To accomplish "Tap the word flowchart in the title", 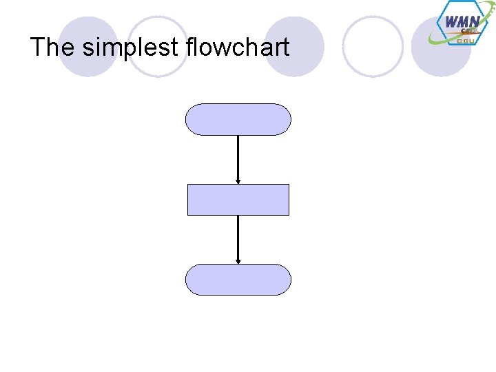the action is tap(238, 48).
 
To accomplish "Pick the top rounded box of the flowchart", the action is tap(238, 119).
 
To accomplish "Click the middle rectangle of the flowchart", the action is tap(238, 200).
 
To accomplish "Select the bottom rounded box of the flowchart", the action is tap(238, 280).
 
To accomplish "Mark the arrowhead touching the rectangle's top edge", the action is tap(238, 181).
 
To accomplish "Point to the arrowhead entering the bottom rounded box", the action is tap(238, 261).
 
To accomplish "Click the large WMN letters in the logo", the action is tap(462, 21).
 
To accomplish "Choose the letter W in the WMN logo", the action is tap(452, 21).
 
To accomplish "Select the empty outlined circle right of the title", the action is tap(373, 46).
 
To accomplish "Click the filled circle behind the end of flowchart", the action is tap(294, 46).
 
